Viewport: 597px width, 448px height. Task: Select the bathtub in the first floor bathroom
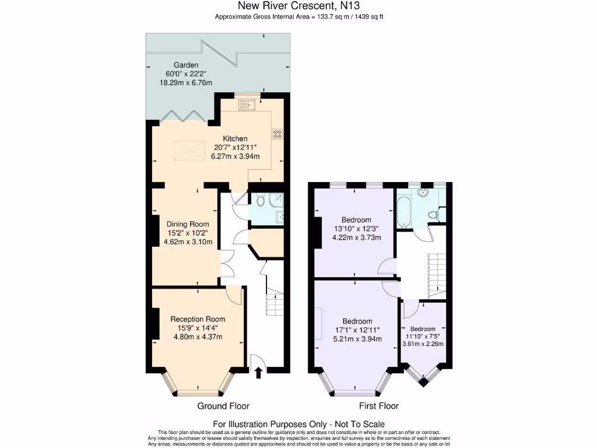404,211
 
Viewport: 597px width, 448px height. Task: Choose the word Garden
186,65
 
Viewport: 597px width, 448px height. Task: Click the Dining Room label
187,224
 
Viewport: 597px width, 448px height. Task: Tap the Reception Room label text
198,319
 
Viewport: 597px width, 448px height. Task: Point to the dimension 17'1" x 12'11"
357,330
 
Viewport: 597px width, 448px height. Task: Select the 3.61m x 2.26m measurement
423,344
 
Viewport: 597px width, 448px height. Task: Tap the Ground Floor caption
223,406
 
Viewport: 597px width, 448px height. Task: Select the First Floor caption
379,406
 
